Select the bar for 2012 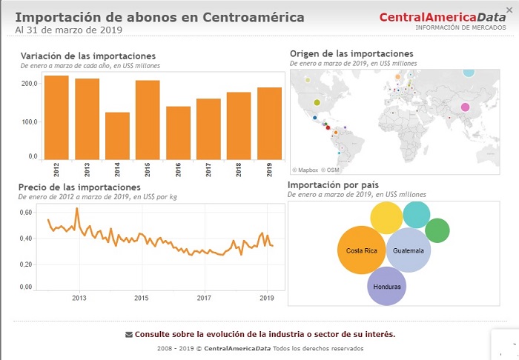56,118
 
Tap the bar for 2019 269,124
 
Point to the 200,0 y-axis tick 29,84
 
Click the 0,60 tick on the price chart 25,213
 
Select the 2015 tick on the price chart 141,298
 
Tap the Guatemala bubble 409,250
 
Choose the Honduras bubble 386,287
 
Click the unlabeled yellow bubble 386,217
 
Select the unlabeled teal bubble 416,214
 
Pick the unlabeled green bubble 437,230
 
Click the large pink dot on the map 465,107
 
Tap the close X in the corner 509,10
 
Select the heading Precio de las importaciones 79,187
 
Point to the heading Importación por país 334,184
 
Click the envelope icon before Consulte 129,334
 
